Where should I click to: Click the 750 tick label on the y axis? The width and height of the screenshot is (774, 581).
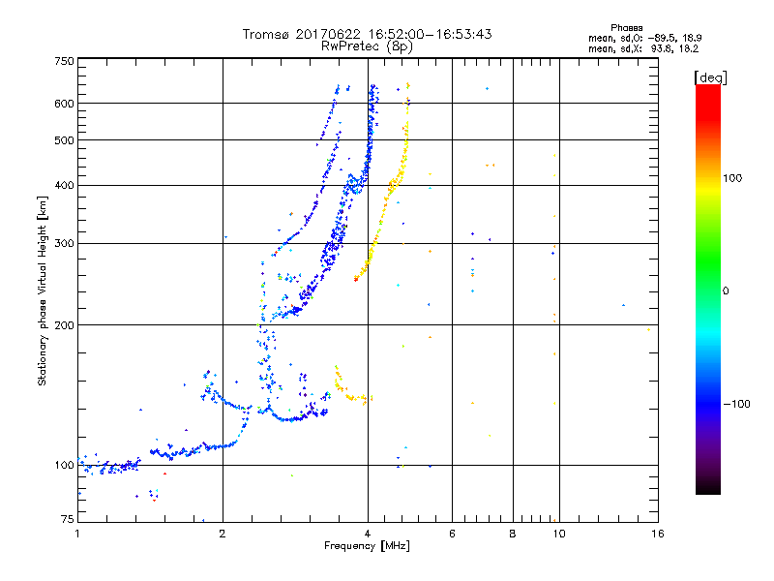[64, 61]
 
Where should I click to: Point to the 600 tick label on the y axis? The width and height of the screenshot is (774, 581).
[64, 104]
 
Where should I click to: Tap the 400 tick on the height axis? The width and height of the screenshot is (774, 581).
[64, 185]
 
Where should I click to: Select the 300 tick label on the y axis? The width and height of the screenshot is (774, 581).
[64, 243]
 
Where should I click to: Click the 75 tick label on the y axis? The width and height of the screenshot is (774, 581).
[67, 519]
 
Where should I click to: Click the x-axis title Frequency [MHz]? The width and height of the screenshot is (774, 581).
[368, 546]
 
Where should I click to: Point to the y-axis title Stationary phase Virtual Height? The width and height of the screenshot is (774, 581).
[43, 290]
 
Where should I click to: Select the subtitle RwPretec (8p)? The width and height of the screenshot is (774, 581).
[368, 46]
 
